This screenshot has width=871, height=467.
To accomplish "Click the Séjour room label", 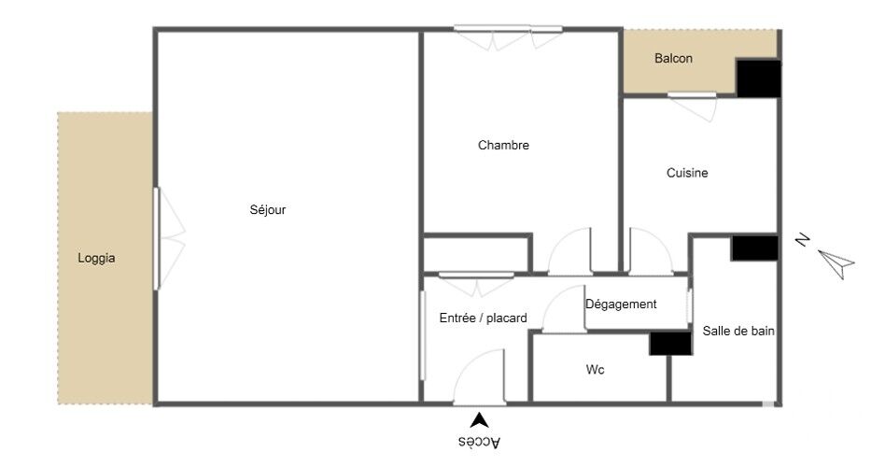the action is pyautogui.click(x=268, y=210).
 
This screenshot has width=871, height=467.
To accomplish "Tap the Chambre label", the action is pyautogui.click(x=503, y=145).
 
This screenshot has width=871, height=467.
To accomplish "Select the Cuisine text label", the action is pyautogui.click(x=687, y=173).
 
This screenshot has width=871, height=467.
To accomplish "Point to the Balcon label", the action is pyautogui.click(x=673, y=58).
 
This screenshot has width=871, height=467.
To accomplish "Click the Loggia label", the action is pyautogui.click(x=97, y=258).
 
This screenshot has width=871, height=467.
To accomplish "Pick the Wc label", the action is pyautogui.click(x=595, y=370).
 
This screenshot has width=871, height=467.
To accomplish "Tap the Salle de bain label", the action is pyautogui.click(x=738, y=332).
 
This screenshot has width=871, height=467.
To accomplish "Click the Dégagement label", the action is pyautogui.click(x=621, y=304).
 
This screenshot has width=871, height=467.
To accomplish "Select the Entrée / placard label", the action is pyautogui.click(x=484, y=318).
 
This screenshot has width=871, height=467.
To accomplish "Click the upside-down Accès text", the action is pyautogui.click(x=480, y=442).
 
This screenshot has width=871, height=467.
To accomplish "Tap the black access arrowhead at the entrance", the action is pyautogui.click(x=480, y=420).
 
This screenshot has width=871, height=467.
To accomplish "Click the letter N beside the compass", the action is pyautogui.click(x=802, y=240).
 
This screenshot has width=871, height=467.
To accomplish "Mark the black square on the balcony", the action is pyautogui.click(x=759, y=78).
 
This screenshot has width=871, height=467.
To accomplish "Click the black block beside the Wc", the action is pyautogui.click(x=671, y=344).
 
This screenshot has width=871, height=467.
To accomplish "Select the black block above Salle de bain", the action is pyautogui.click(x=754, y=248).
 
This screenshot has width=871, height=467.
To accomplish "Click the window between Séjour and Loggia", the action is pyautogui.click(x=157, y=238).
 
